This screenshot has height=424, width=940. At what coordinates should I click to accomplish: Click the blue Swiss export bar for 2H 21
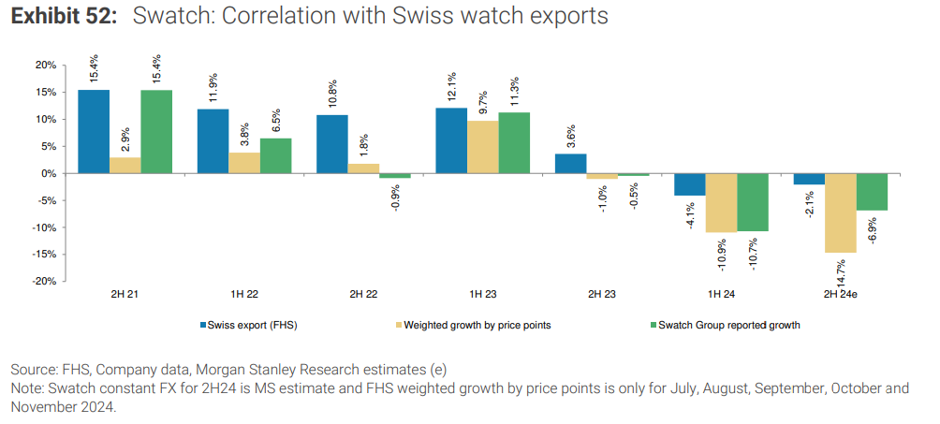[93, 131]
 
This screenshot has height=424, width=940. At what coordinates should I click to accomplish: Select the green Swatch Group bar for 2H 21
[156, 131]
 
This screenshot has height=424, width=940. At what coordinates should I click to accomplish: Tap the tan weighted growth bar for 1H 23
[482, 147]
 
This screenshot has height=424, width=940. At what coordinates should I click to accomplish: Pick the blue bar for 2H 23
[571, 164]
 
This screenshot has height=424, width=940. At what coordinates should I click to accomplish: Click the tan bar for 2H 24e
[840, 212]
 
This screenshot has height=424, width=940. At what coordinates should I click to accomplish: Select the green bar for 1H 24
[753, 202]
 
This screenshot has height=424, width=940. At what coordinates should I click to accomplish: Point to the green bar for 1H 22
[275, 155]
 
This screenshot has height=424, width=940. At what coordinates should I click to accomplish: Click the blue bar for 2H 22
[331, 144]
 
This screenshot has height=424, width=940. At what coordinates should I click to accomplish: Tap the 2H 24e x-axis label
[840, 293]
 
